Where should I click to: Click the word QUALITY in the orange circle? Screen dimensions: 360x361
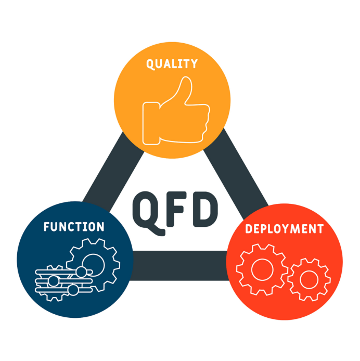point(172,64)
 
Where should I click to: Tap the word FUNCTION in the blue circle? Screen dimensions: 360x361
point(74,227)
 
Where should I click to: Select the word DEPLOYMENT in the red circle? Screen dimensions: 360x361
point(285,229)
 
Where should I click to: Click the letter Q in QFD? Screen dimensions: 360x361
point(149,213)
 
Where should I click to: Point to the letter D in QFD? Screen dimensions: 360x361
point(205,209)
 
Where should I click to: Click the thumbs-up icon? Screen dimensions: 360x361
point(176,110)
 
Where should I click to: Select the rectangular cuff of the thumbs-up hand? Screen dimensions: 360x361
point(151,123)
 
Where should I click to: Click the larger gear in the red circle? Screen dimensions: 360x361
point(262,269)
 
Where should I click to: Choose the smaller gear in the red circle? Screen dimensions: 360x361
point(309,279)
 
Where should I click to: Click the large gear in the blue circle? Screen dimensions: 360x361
point(93,265)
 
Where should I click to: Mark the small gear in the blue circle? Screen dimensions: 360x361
point(54,283)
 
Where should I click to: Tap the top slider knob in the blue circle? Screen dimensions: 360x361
point(81,272)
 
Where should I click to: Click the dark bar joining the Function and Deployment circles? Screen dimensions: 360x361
point(180,265)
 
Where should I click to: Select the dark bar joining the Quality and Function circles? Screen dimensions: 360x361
point(113,172)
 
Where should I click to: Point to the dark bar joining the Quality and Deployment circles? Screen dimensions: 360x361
point(236,173)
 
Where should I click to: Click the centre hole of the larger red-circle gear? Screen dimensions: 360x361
point(262,269)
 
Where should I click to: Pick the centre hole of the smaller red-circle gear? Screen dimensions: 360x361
point(309,279)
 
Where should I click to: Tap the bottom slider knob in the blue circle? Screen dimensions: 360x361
point(74,290)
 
